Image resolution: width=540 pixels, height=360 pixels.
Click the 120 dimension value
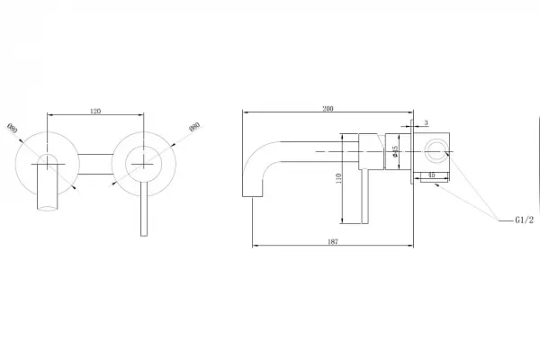tap(95, 111)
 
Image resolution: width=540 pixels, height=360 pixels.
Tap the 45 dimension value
tap(432, 175)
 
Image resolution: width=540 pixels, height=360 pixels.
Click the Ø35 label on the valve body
tap(395, 154)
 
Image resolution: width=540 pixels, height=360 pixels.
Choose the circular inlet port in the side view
tap(438, 149)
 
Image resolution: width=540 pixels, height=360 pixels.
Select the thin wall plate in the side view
tap(413, 150)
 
